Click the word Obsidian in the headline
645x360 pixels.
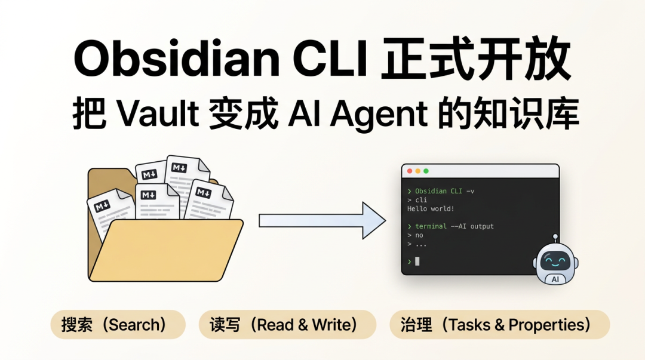point(176,60)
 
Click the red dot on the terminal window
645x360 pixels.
point(410,171)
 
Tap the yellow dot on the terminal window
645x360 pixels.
point(417,171)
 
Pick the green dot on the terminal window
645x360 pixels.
point(426,171)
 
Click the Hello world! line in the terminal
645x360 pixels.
point(431,208)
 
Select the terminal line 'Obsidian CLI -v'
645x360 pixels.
point(444,191)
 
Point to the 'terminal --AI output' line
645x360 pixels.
point(454,226)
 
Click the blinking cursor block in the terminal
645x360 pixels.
point(417,261)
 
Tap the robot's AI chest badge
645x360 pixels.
point(555,279)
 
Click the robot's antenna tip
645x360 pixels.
point(555,236)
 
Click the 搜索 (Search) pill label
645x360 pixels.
point(114,325)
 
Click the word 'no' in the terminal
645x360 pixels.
point(419,235)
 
